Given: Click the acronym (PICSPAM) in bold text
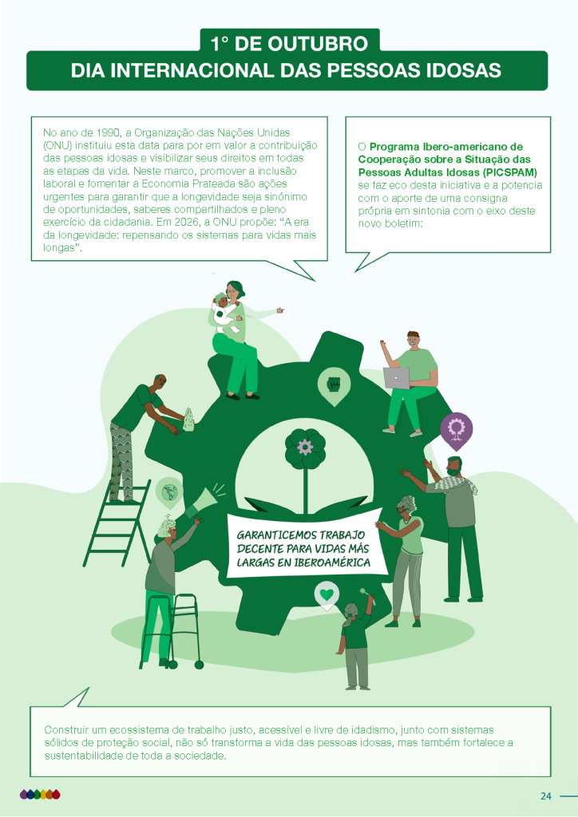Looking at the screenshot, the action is click(510, 172).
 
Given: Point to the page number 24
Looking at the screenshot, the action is click(546, 795).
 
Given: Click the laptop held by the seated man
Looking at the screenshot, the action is click(397, 377).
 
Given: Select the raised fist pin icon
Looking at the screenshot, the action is click(334, 386).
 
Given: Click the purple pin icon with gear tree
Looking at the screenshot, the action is click(456, 431).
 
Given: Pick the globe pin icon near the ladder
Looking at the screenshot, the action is click(169, 491).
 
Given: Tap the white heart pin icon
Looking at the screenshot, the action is click(327, 595).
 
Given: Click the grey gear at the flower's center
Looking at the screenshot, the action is click(305, 447).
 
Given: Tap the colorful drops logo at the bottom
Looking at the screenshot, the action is click(40, 794).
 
